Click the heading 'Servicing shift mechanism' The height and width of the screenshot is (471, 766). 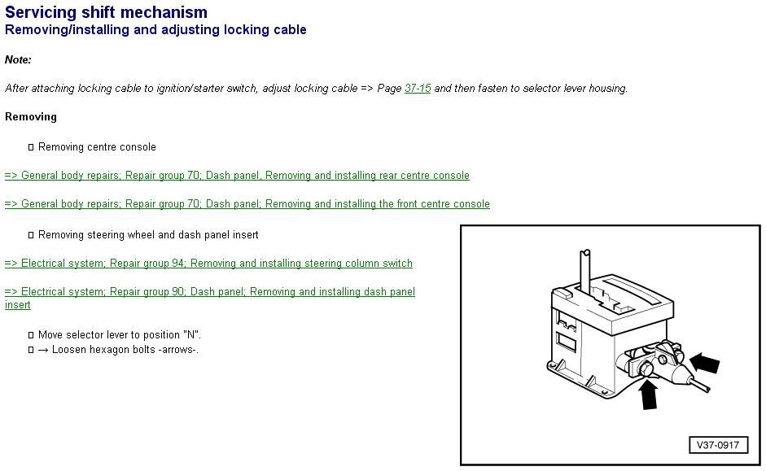pyautogui.click(x=106, y=11)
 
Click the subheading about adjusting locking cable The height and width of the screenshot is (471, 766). pyautogui.click(x=155, y=30)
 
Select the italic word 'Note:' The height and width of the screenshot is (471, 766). pyautogui.click(x=18, y=59)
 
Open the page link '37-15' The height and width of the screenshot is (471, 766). pyautogui.click(x=418, y=89)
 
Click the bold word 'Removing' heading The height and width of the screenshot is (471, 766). pyautogui.click(x=31, y=116)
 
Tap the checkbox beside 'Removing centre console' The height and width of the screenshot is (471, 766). pyautogui.click(x=31, y=147)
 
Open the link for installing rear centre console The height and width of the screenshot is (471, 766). pyautogui.click(x=237, y=175)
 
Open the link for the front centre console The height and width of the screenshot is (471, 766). pyautogui.click(x=247, y=203)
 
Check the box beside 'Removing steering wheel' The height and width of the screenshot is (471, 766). pyautogui.click(x=31, y=235)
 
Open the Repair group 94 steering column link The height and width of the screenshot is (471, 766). pyautogui.click(x=208, y=263)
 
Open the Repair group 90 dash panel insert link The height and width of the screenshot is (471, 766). pyautogui.click(x=210, y=298)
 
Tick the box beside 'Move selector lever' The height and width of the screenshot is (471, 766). pyautogui.click(x=31, y=335)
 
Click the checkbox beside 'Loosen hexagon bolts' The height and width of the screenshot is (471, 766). pyautogui.click(x=31, y=350)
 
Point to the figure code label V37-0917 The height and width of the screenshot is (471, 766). pyautogui.click(x=718, y=445)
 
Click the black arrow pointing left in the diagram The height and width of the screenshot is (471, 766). pyautogui.click(x=705, y=363)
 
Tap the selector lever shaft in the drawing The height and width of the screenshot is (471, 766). pyautogui.click(x=586, y=270)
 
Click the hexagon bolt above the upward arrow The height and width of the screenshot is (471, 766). pyautogui.click(x=644, y=369)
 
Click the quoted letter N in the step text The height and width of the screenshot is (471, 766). pyautogui.click(x=192, y=335)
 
